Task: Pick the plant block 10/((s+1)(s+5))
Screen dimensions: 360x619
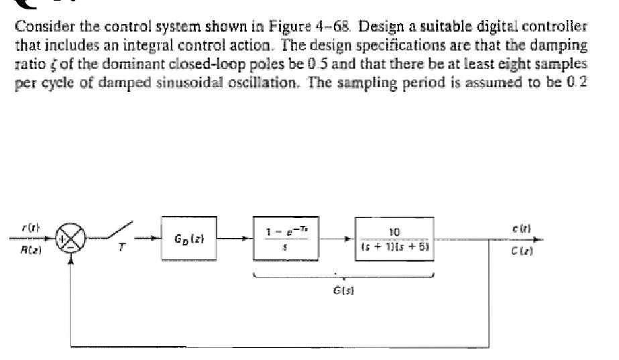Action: pyautogui.click(x=394, y=239)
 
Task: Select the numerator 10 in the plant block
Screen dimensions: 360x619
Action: pyautogui.click(x=394, y=231)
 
